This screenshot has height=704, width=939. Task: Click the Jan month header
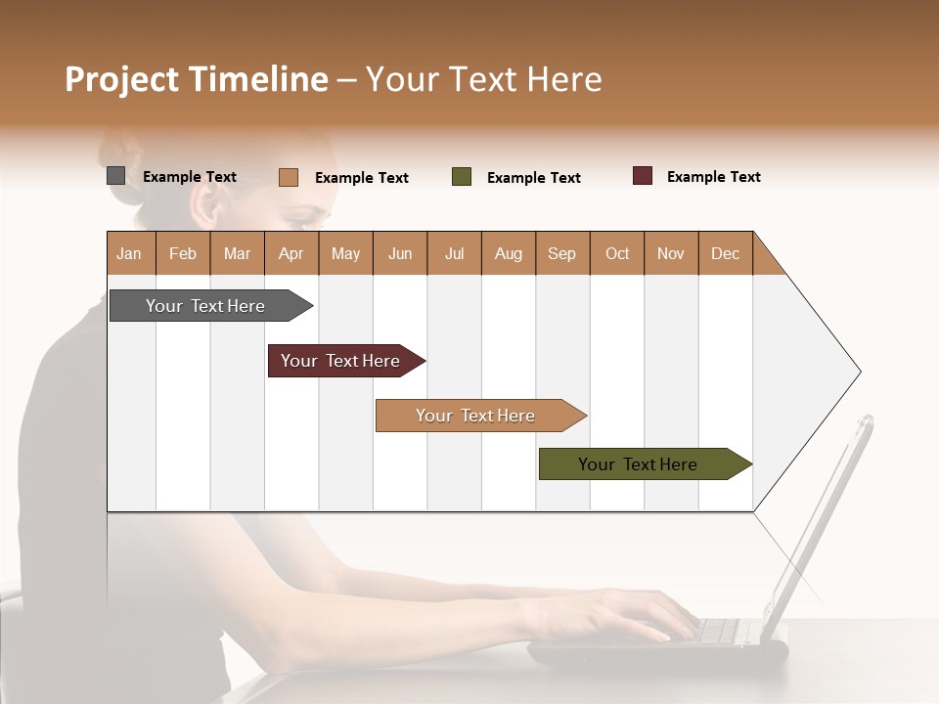[129, 253]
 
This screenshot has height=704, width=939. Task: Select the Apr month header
[291, 253]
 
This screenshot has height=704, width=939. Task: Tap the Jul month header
[454, 253]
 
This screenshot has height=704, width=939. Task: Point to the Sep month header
[561, 253]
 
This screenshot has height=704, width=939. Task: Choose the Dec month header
[725, 253]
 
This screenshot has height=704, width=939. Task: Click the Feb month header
[183, 253]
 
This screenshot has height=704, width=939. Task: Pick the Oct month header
[616, 253]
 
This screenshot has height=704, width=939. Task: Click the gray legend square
[115, 176]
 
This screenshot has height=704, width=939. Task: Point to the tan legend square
[288, 177]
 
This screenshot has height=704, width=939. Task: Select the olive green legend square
[462, 177]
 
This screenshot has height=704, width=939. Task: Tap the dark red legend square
[643, 176]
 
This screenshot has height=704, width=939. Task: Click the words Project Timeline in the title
[196, 79]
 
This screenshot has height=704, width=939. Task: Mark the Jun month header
[399, 253]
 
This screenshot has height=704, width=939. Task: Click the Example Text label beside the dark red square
[713, 177]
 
